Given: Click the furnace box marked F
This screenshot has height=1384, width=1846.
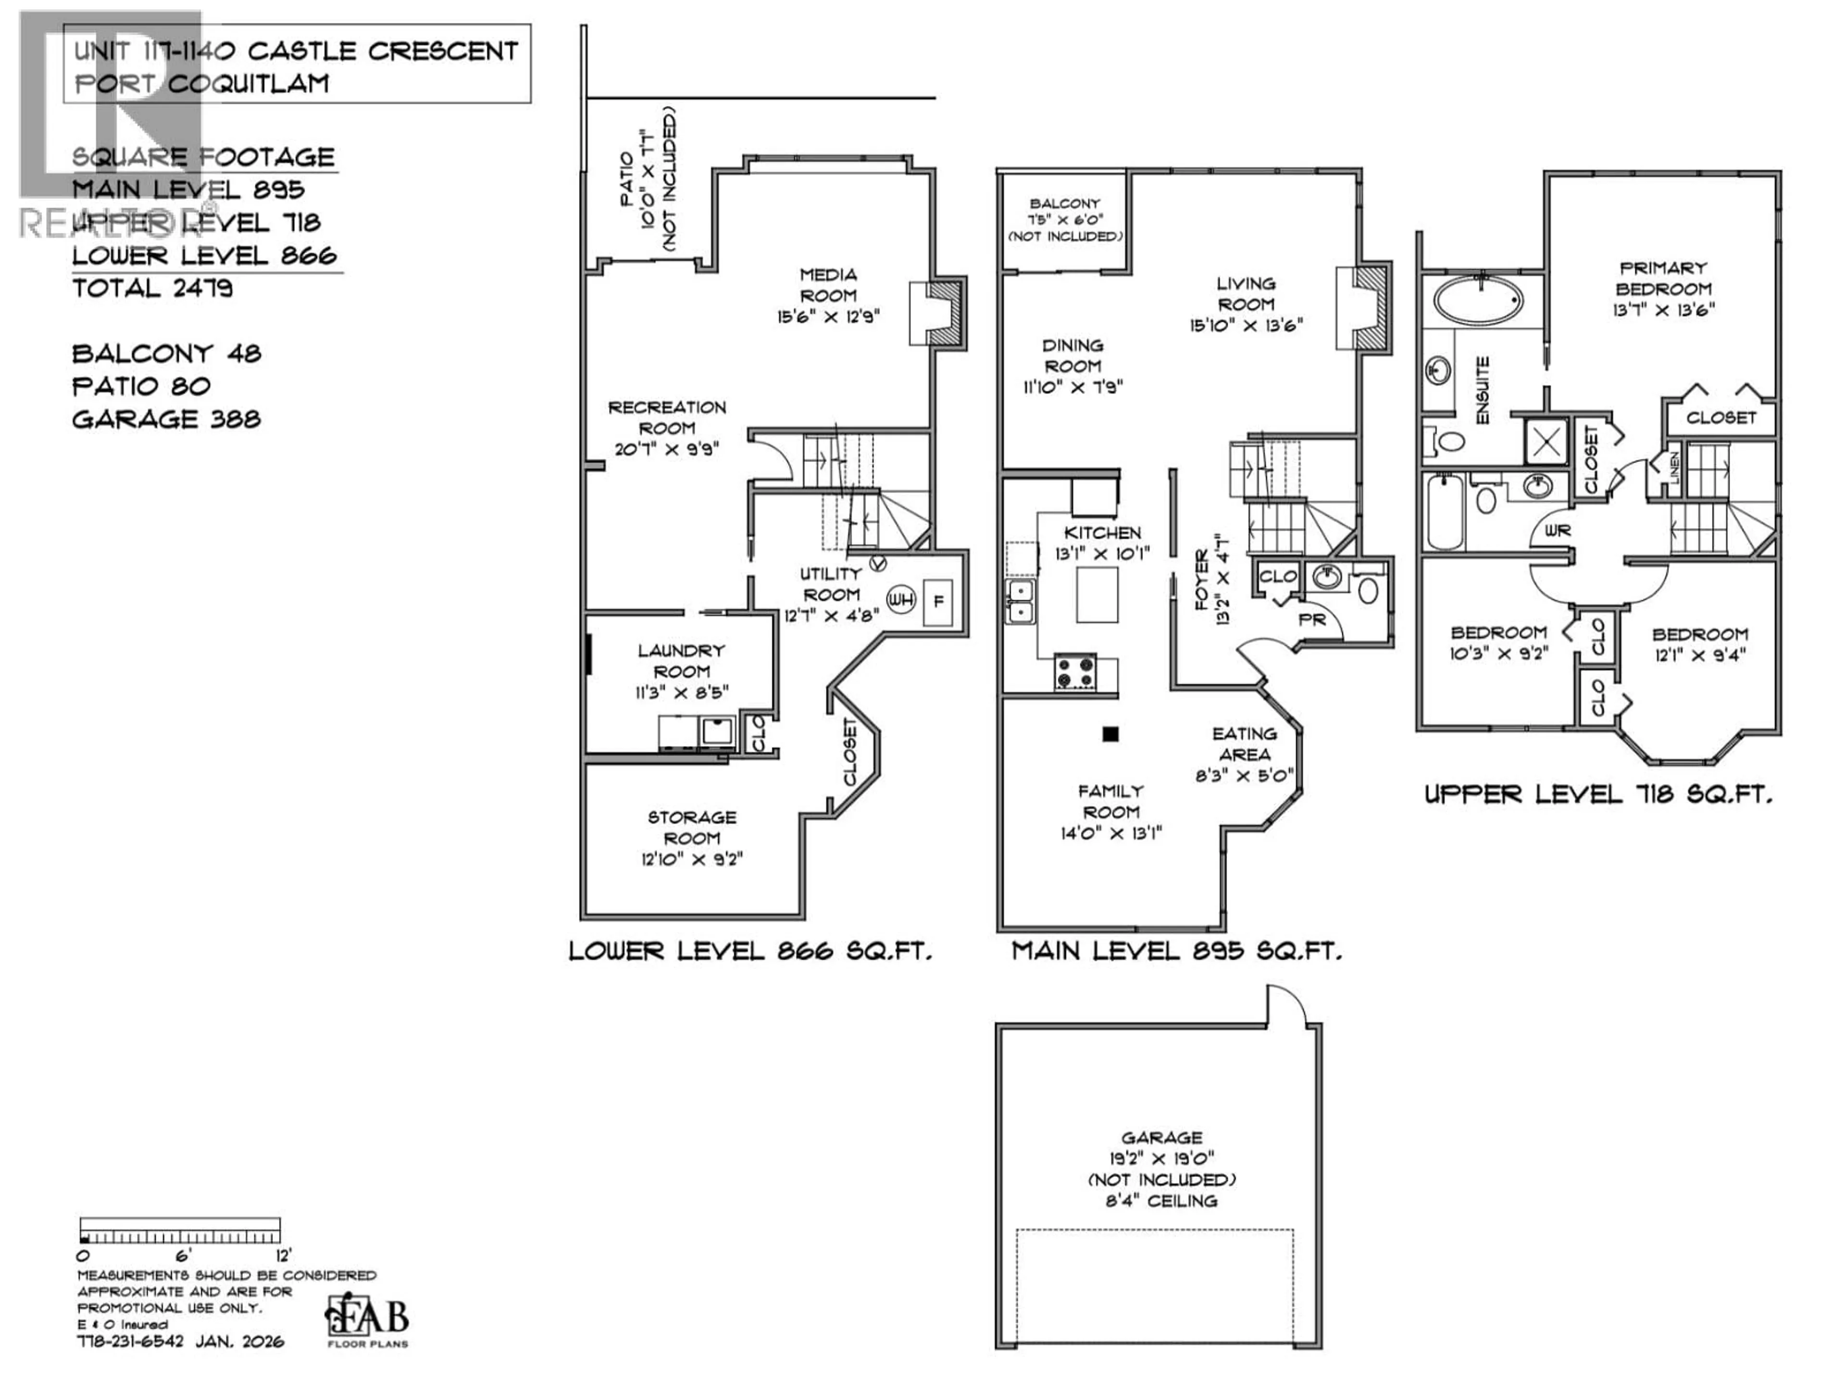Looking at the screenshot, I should pyautogui.click(x=938, y=601).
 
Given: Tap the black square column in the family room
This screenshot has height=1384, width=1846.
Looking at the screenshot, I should pyautogui.click(x=1110, y=734).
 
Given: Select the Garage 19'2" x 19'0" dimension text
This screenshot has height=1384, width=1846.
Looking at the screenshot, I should pyautogui.click(x=1161, y=1158).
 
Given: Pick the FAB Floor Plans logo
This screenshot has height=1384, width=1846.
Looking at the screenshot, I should pyautogui.click(x=367, y=1319).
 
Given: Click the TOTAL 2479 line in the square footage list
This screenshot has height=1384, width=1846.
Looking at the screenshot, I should pyautogui.click(x=153, y=289).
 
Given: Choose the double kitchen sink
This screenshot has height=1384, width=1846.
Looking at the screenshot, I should pyautogui.click(x=1020, y=602).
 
